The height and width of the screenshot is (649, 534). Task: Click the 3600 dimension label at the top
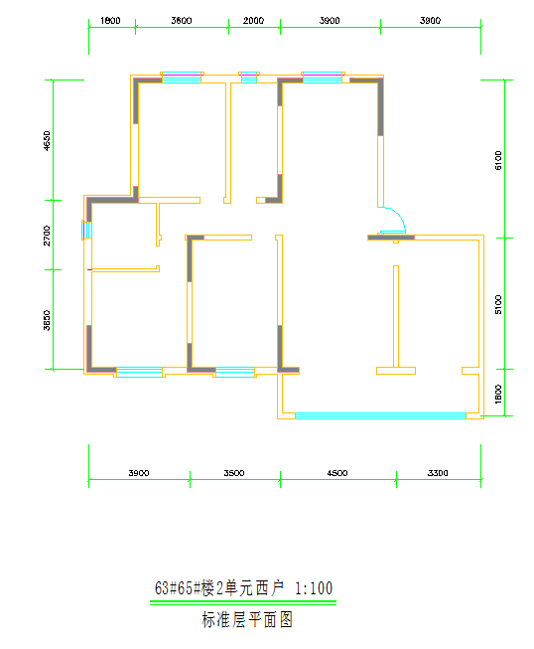click(182, 20)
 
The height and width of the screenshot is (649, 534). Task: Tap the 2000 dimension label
click(253, 20)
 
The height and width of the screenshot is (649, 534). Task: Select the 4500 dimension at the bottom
click(337, 473)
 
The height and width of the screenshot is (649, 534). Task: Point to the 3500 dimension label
click(234, 473)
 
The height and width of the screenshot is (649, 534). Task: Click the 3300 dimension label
click(438, 473)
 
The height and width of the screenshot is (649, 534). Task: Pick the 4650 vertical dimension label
click(47, 141)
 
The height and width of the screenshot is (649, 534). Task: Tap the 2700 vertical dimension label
click(47, 236)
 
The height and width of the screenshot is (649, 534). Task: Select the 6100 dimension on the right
click(498, 160)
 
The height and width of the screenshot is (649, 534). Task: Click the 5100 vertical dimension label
click(498, 304)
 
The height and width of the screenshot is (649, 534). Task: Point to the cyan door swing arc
click(399, 215)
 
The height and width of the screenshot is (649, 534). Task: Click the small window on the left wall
click(86, 231)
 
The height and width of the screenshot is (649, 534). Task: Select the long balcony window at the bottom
click(381, 415)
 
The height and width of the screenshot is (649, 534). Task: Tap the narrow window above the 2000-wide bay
click(249, 77)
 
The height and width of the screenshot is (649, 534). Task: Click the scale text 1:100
click(314, 588)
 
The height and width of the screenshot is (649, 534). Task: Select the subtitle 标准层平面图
click(247, 619)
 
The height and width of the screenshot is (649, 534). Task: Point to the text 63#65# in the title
click(178, 588)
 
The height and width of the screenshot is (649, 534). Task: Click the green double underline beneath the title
click(243, 602)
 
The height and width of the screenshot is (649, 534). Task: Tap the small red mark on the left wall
click(89, 270)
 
